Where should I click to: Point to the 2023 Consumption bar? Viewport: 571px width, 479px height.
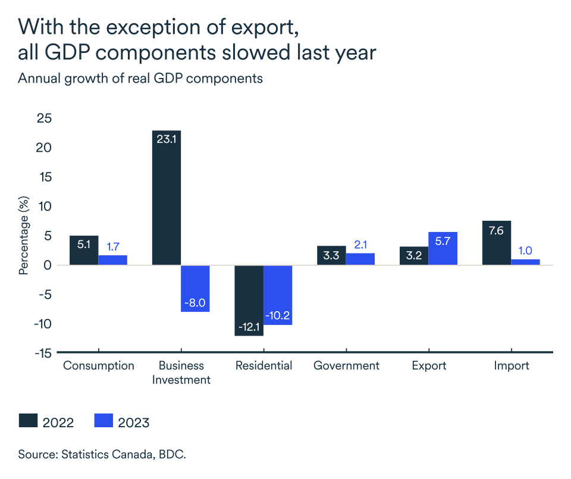112,260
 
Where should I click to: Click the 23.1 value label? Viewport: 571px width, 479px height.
167,139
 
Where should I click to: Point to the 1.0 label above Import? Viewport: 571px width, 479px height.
525,250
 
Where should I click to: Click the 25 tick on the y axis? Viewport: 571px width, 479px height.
44,118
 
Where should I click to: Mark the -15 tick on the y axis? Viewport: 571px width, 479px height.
42,353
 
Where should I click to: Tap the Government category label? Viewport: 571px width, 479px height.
346,365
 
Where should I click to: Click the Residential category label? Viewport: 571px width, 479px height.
263,365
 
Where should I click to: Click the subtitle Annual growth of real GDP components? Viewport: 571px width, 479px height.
140,79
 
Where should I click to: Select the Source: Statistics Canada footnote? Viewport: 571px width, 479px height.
102,455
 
